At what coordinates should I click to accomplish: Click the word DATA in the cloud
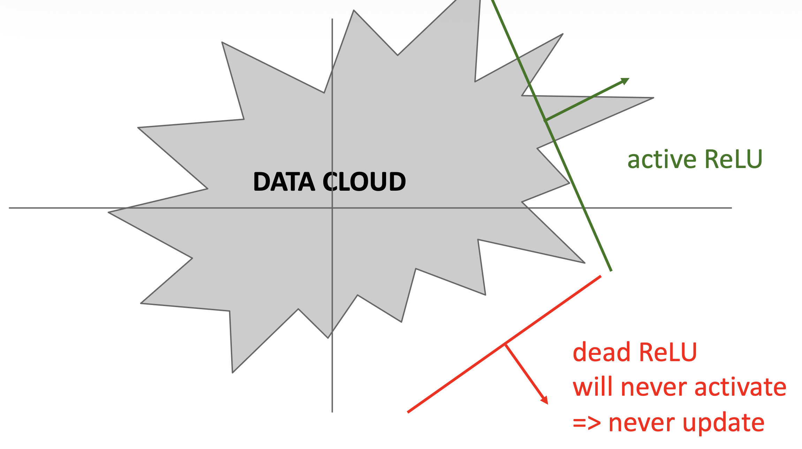tap(284, 182)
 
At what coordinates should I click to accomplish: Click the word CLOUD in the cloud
tap(364, 182)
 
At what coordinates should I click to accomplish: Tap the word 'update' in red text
tap(723, 423)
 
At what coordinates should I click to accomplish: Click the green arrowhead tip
tap(629, 78)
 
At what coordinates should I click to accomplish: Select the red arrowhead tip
tap(547, 404)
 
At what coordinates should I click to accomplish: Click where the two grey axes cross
tap(332, 208)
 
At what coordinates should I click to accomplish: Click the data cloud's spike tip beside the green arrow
tap(653, 98)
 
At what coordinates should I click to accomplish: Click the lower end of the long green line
tap(611, 271)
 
